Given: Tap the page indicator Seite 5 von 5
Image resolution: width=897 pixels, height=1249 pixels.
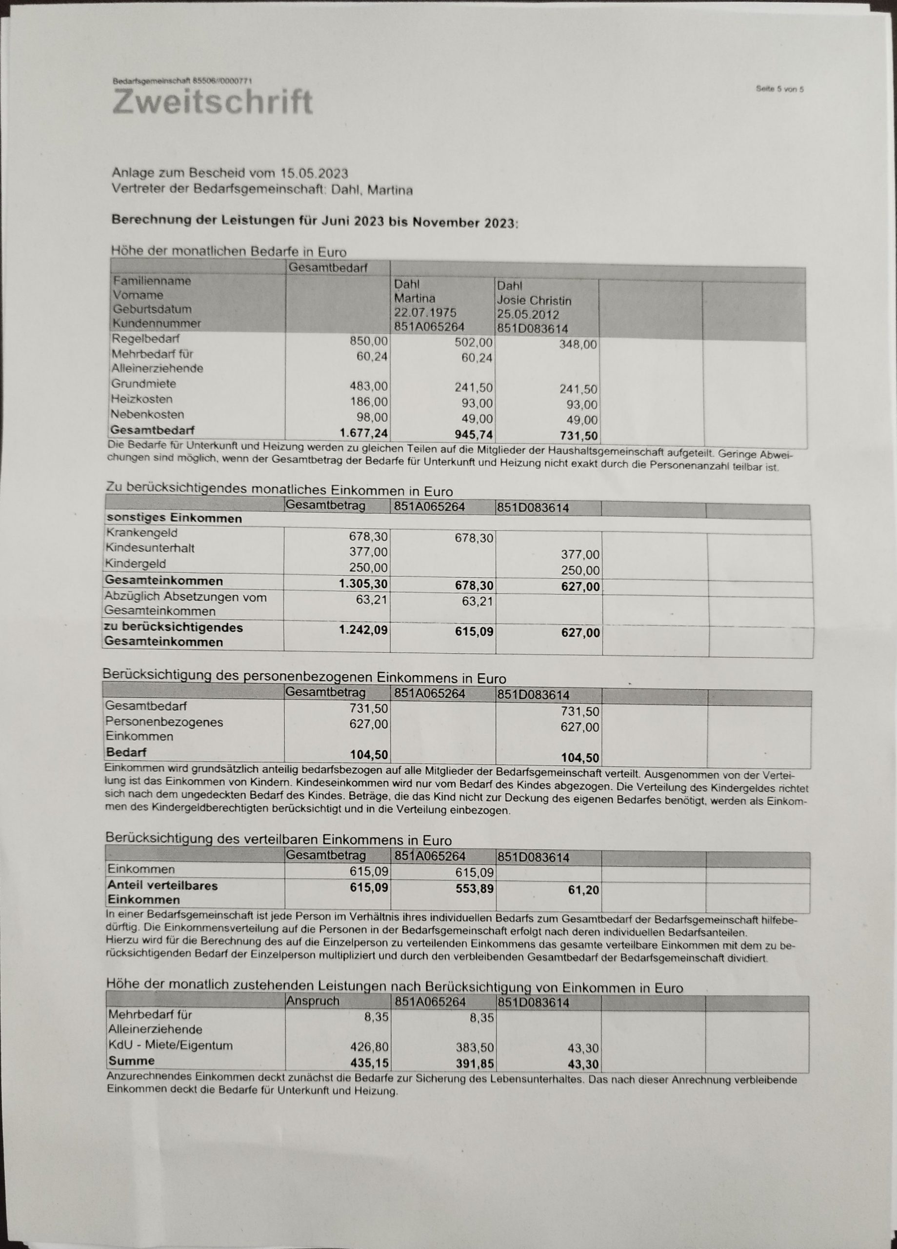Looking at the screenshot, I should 780,89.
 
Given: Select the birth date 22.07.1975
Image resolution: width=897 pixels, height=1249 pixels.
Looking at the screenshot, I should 424,312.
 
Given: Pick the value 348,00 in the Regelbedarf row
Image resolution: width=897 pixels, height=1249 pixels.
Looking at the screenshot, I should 578,345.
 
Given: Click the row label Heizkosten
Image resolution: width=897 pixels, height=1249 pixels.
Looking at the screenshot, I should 141,399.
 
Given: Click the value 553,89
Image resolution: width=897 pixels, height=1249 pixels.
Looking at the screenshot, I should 474,888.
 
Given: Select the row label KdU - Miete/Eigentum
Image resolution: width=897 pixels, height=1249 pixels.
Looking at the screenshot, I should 170,1045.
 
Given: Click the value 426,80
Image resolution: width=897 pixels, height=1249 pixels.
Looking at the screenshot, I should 369,1047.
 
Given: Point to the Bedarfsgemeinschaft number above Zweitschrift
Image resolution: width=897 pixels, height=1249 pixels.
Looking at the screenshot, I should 182,81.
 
